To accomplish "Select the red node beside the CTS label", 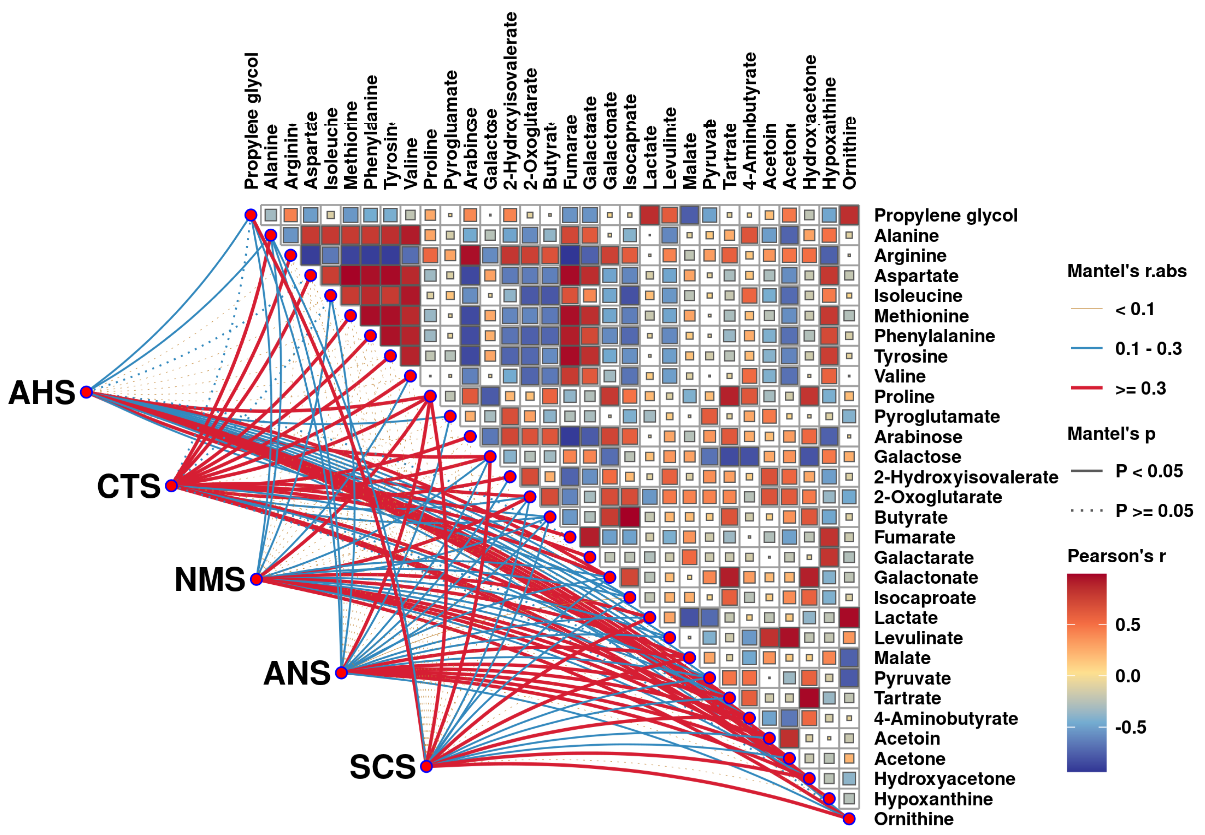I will coord(171,486).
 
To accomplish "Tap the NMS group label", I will coord(209,580).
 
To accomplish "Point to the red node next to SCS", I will coord(427,766).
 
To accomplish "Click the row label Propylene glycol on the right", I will coord(946,215).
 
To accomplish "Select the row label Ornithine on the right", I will coord(914,819).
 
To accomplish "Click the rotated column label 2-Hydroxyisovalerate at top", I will coord(510,100).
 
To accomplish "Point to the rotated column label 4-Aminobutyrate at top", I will coord(750,120).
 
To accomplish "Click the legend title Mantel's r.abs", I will coord(1127,271).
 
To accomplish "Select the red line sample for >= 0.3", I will coord(1086,388).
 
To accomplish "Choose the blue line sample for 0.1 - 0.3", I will coord(1086,348).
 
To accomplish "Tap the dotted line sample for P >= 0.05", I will coord(1086,511).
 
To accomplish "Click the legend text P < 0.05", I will coord(1149,471).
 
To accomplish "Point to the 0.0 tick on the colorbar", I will coord(1128,676).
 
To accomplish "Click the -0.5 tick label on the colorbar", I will coord(1130,727).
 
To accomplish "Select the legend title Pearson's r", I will coord(1116,556).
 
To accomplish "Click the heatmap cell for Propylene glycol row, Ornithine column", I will coord(849,215).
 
